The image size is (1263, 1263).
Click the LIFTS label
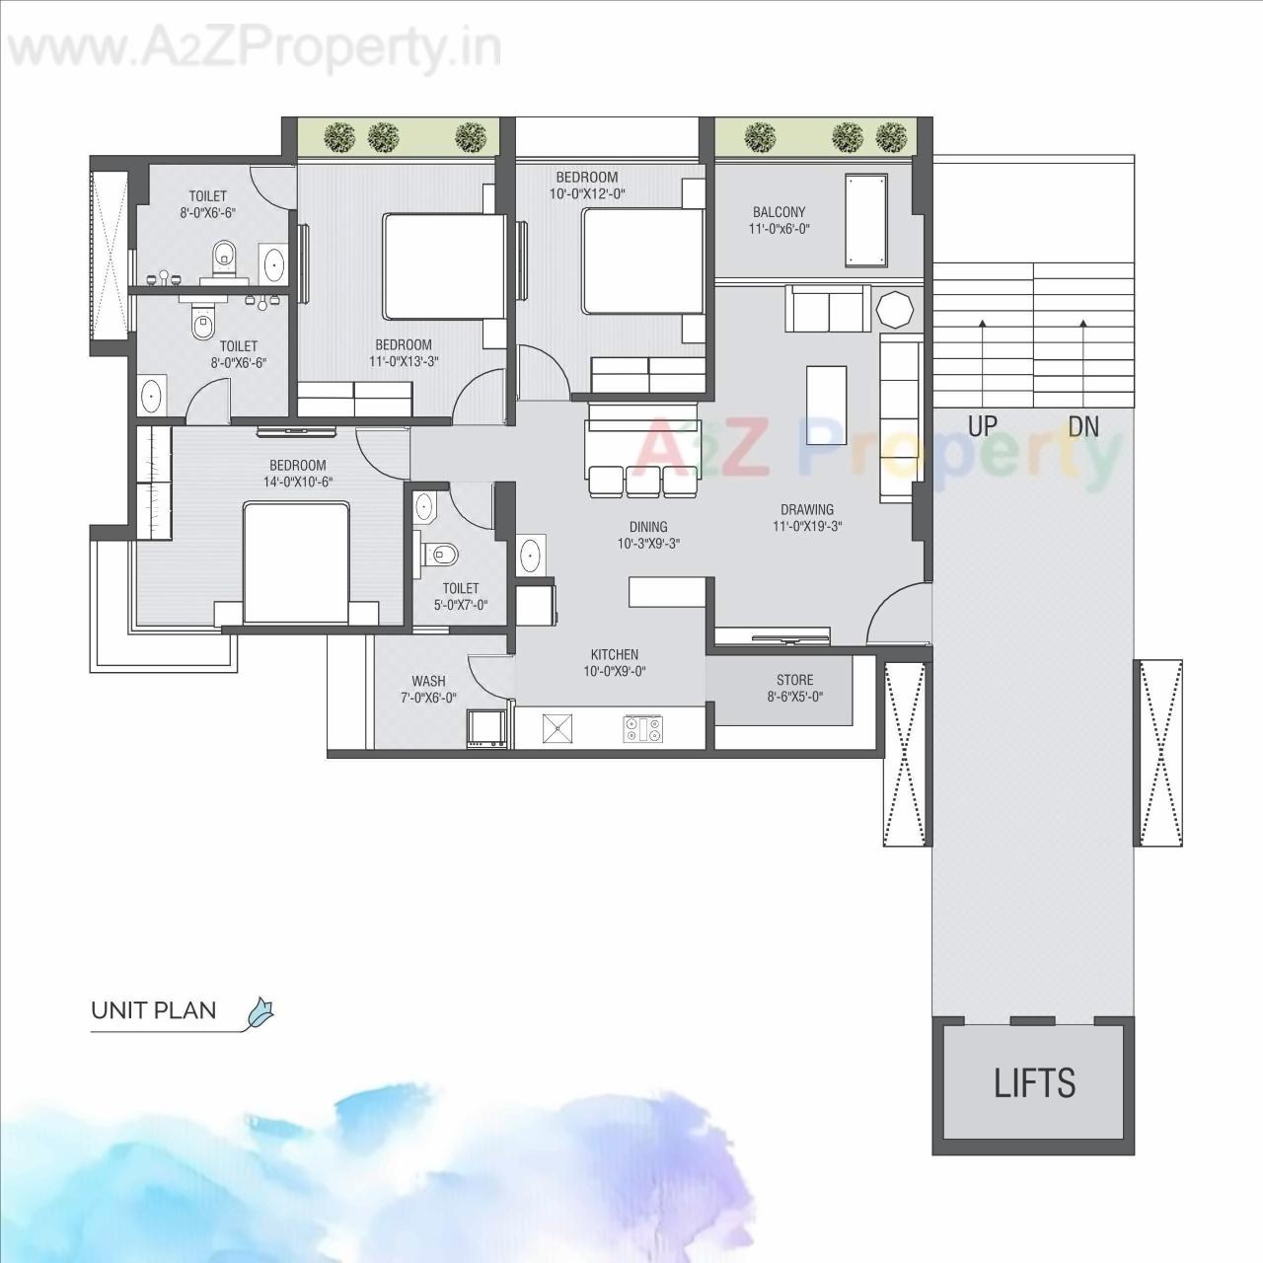1034,1083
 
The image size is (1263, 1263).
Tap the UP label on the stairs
982,426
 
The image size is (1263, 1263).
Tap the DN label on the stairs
1083,426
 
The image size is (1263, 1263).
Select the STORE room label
794,680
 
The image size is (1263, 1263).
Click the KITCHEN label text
614,654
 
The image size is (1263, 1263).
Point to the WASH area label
428,681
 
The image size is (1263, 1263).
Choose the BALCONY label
779,212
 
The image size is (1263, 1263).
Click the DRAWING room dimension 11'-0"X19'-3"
806,526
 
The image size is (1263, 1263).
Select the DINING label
648,527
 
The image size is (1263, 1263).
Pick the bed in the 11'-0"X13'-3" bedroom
444,266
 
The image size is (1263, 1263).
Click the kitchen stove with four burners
643,729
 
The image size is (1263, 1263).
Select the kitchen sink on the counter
557,729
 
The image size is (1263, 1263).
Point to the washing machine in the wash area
487,728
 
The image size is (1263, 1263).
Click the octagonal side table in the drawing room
895,309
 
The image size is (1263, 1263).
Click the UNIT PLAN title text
153,1010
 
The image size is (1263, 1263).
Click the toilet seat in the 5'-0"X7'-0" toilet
439,554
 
